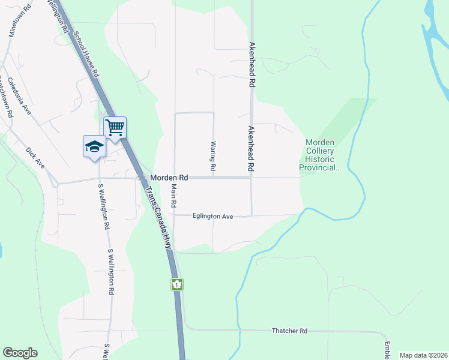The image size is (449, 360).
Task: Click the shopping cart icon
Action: (x=115, y=127)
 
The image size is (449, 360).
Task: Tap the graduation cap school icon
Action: (x=94, y=146)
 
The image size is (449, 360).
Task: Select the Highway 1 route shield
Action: (x=177, y=284)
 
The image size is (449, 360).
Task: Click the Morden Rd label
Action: (x=169, y=178)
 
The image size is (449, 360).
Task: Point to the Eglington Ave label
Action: (x=212, y=216)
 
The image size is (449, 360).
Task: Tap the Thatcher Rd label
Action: (x=289, y=331)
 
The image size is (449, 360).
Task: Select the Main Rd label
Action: (x=174, y=196)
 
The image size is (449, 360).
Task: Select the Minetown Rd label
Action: (x=19, y=22)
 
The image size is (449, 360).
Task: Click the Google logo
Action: (x=20, y=353)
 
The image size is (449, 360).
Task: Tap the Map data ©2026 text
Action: (x=423, y=355)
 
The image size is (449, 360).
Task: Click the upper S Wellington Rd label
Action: (x=102, y=206)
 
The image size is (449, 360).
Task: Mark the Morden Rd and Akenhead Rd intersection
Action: (x=252, y=177)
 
